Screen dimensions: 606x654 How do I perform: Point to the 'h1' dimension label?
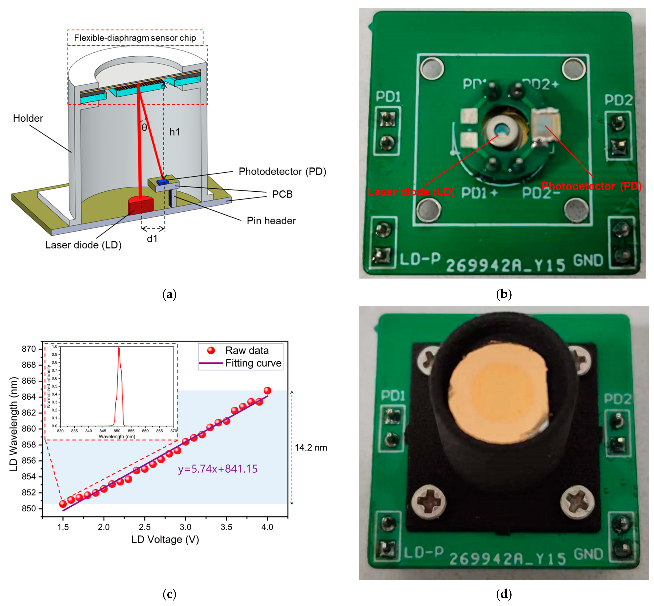point(174,132)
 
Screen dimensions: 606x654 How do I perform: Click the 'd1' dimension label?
point(152,239)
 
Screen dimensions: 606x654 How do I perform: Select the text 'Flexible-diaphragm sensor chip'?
point(135,38)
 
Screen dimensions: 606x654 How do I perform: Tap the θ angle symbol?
point(144,127)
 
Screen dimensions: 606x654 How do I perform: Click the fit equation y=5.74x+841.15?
point(217,469)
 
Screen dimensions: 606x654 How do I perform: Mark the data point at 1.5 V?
point(63,504)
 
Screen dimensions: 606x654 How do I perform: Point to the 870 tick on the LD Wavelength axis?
point(29,349)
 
